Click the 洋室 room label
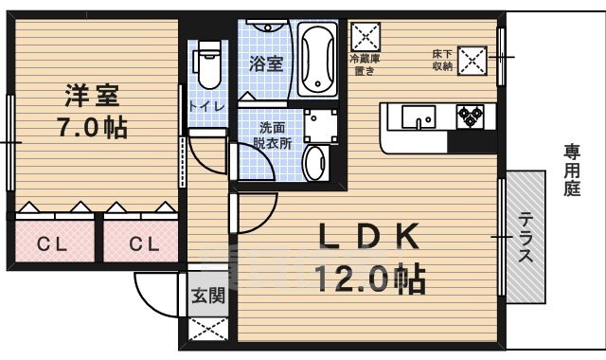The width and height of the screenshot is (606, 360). [x=92, y=96]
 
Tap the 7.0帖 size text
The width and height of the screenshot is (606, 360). [x=92, y=128]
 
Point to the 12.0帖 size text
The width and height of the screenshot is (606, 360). [x=370, y=279]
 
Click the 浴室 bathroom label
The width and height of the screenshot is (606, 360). [x=266, y=63]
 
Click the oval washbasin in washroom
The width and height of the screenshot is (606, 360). [x=316, y=162]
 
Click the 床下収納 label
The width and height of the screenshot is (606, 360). [x=442, y=60]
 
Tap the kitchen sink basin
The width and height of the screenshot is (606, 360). [x=417, y=117]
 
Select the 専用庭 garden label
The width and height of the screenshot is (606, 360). [x=573, y=170]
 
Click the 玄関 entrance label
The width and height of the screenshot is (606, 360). [x=208, y=297]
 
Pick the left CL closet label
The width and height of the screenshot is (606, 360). [x=51, y=245]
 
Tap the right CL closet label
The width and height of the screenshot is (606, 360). [x=143, y=245]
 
